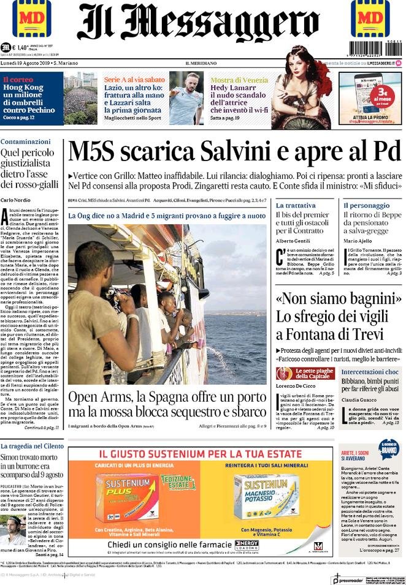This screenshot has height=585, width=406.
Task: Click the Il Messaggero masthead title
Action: point(198,23)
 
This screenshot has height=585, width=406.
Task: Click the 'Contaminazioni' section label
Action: point(25,142)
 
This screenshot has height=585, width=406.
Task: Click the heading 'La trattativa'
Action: point(296,205)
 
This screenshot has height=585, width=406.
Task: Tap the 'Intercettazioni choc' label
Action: point(370,372)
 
